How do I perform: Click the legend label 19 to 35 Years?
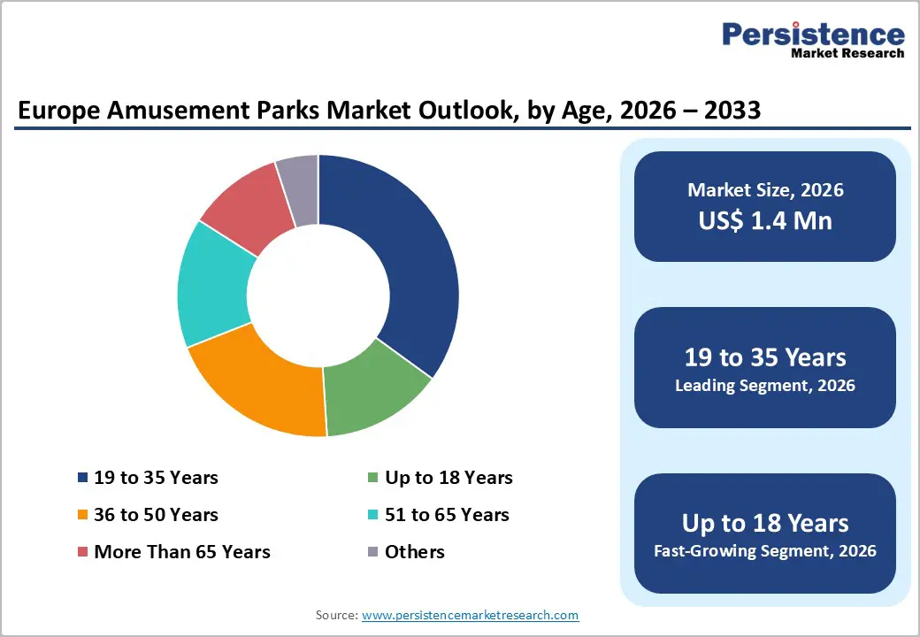point(156,478)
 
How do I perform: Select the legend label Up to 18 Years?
point(448,478)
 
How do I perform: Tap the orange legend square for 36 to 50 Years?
point(82,515)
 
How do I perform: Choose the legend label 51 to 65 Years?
point(447,515)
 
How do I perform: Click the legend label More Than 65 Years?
point(181,552)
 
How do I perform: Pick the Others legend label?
point(414,552)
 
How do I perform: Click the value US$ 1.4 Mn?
point(765,219)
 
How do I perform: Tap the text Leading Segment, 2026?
point(765,386)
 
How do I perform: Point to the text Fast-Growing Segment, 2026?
point(765,551)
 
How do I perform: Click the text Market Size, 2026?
point(765,189)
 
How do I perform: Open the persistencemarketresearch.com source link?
point(470,615)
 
